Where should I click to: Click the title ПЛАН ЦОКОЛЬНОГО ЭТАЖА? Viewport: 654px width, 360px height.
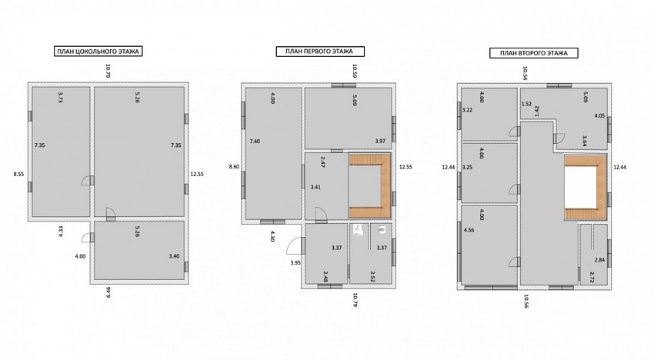coord(98,52)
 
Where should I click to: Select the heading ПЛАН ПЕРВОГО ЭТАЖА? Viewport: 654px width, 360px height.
coord(320,52)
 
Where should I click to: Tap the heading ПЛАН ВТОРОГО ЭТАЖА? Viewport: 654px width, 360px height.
coord(533,53)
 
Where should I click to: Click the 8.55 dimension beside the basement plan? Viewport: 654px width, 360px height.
coord(18,175)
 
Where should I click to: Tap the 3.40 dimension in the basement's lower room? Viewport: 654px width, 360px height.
coord(174,255)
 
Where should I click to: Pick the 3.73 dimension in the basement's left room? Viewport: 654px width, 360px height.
coord(61,97)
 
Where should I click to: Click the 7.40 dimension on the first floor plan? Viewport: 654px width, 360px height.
coord(255,141)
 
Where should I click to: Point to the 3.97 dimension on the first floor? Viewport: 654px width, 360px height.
coord(380,141)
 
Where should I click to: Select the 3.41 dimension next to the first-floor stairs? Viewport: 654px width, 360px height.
coord(315,187)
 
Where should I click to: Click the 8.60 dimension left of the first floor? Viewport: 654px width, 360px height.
coord(235,166)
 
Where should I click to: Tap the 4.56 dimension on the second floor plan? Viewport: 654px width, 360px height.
coord(469,230)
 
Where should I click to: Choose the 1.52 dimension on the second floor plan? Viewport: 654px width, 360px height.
coord(526,104)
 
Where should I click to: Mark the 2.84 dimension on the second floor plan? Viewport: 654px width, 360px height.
coord(599,260)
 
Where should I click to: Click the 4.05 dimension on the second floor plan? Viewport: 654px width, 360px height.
coord(599,115)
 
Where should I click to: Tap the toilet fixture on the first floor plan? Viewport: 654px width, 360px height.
coord(382,229)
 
